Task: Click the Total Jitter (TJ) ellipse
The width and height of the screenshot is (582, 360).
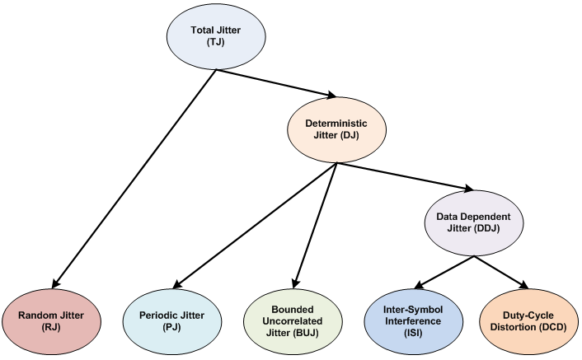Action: point(217,39)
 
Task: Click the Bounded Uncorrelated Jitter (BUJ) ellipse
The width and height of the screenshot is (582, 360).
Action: point(295,320)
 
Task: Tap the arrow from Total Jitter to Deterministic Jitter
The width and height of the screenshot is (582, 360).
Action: point(277,83)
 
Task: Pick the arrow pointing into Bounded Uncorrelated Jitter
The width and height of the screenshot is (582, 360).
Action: point(315,224)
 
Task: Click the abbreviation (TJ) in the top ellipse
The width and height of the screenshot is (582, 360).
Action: point(216,46)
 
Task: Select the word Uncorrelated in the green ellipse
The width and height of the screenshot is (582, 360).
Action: point(294,320)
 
